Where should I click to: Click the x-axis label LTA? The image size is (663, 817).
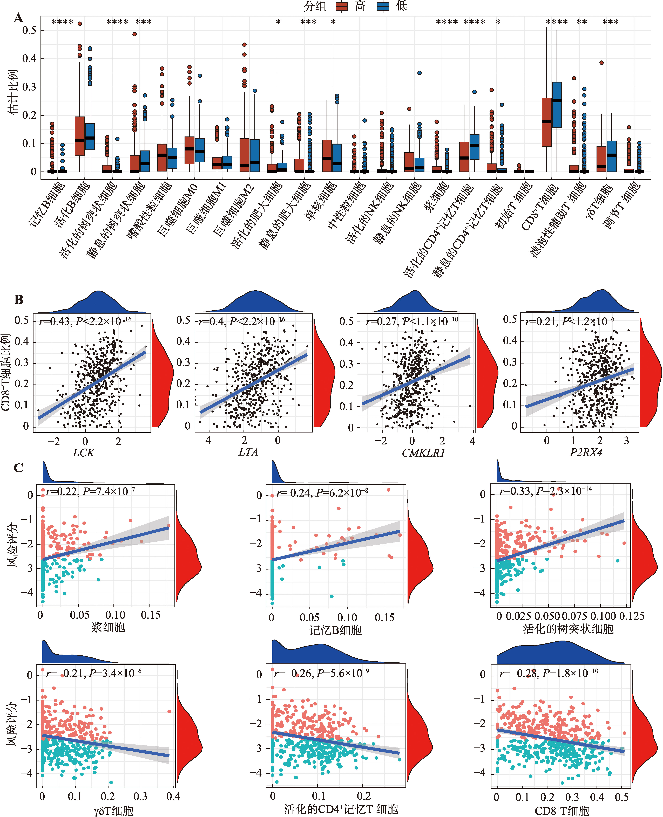(248, 452)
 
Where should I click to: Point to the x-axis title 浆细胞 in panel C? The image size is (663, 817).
(108, 627)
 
